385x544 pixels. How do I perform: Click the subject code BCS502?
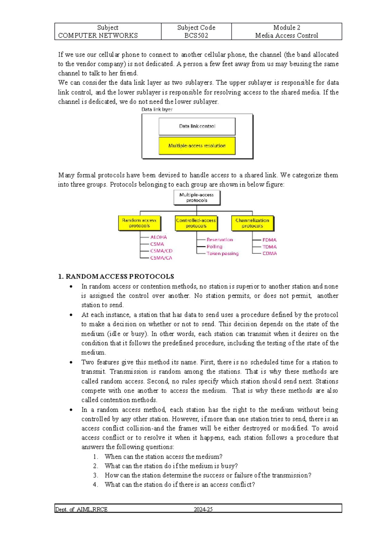coord(196,36)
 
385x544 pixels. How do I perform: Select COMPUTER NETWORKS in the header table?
coord(98,36)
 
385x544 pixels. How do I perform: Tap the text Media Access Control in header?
coord(287,36)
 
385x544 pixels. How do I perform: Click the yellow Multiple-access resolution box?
coord(197,146)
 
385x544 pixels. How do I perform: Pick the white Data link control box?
coord(197,126)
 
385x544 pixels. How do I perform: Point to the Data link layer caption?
coord(157,109)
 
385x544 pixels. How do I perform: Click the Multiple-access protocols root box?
coord(197,198)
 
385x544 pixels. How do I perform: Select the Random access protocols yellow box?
coord(139,223)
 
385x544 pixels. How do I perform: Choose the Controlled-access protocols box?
coord(196,223)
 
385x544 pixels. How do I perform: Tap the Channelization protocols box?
coord(252,223)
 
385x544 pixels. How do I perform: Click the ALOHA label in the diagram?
coord(158,237)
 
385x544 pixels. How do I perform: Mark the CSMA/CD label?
coord(161,251)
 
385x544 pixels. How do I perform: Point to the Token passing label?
coord(222,254)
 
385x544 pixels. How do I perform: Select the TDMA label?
coord(269,247)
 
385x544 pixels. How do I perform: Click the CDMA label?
coord(269,254)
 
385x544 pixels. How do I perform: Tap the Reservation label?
coord(220,240)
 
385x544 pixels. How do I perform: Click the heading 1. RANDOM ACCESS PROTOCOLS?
coord(116,276)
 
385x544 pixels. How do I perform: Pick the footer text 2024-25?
coord(203,509)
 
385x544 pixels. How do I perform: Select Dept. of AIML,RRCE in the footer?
coord(81,509)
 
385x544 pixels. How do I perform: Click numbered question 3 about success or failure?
coord(208,475)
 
